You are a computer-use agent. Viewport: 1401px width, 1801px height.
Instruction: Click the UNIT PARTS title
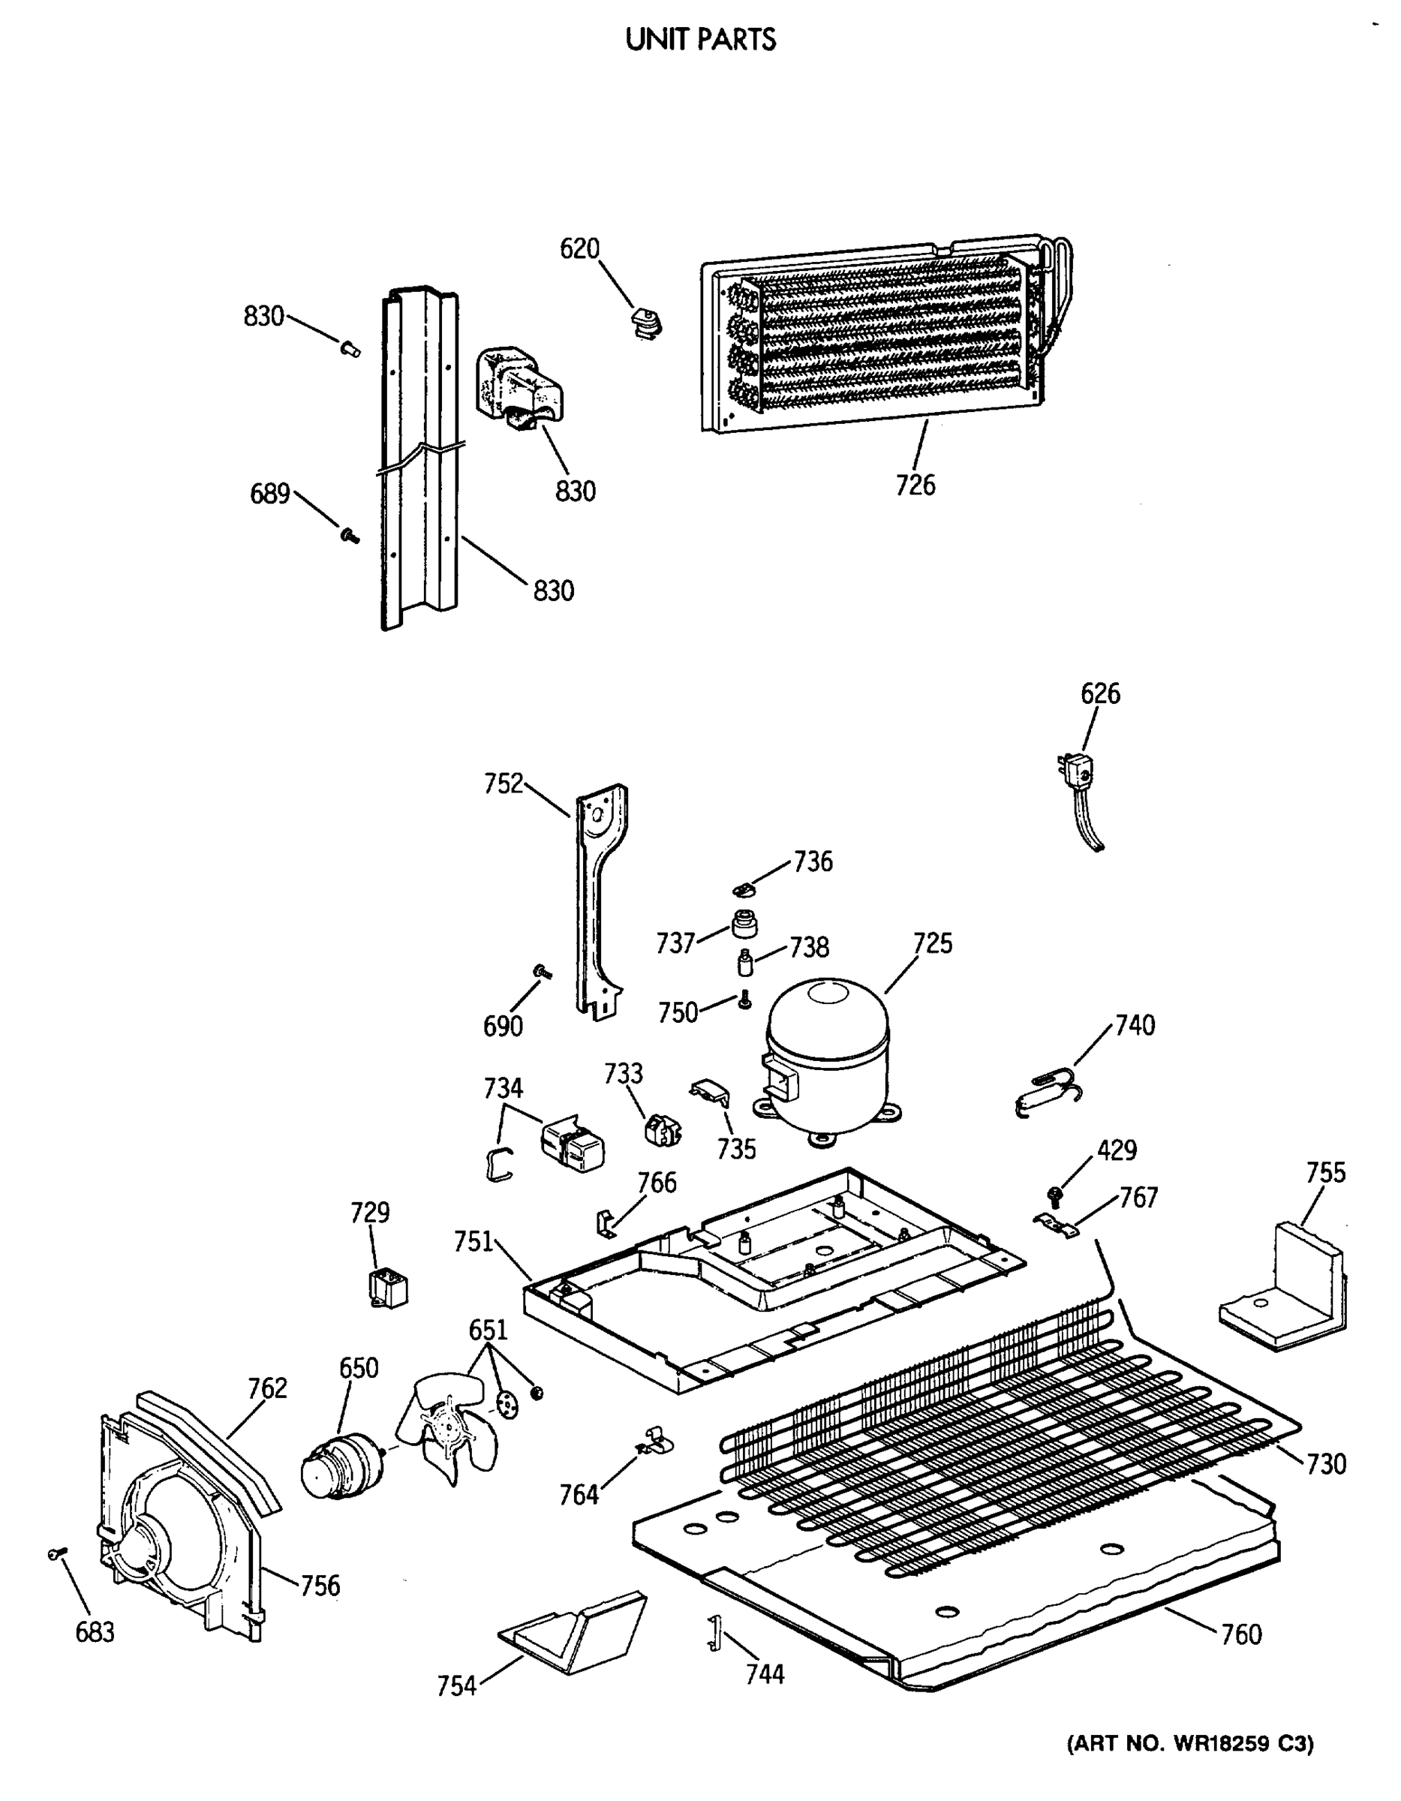pos(700,40)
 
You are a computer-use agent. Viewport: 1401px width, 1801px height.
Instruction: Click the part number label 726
pos(915,485)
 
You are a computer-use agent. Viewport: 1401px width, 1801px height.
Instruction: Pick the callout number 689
pos(269,494)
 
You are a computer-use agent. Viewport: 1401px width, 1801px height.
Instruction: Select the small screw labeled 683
pos(56,1553)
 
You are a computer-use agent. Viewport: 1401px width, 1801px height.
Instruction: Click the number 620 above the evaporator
pos(580,248)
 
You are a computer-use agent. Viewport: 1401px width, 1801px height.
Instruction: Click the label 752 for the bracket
pos(504,783)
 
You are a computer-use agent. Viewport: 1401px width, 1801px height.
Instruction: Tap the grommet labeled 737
pos(744,924)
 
